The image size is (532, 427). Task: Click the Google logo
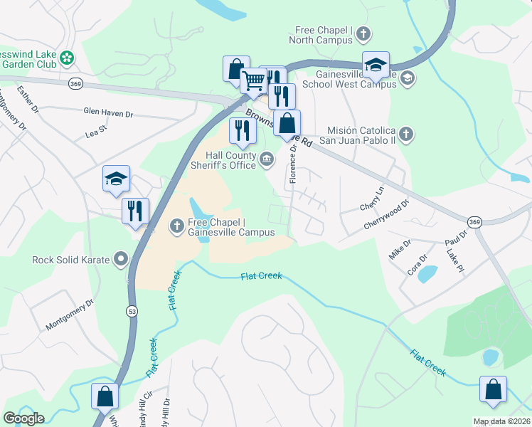[x=23, y=418]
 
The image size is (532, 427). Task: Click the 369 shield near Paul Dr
[x=475, y=223]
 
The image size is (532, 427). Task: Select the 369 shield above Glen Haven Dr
[x=75, y=84]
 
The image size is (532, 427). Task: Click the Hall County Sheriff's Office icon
[x=267, y=159]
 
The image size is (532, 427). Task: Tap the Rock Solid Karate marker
[x=121, y=259]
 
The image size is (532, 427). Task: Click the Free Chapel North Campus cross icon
[x=363, y=33]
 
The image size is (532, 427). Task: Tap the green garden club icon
[x=67, y=57]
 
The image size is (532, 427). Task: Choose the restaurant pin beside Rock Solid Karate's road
[x=134, y=211]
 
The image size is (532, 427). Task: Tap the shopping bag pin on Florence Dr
[x=287, y=123]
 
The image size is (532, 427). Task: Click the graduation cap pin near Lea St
[x=116, y=180]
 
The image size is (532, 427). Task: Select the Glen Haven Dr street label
[x=108, y=112]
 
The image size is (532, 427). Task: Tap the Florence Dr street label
[x=293, y=164]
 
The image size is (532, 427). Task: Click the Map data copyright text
[x=501, y=421]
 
